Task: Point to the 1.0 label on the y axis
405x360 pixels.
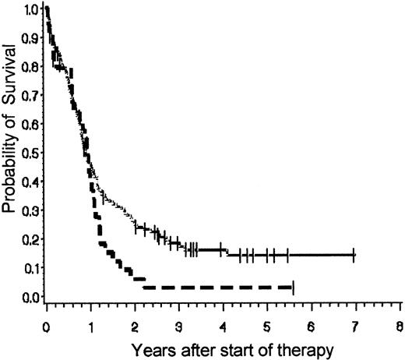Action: [x=30, y=10]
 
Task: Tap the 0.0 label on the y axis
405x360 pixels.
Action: [x=30, y=297]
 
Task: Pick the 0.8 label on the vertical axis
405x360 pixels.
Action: [x=30, y=68]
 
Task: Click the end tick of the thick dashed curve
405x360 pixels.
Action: [x=292, y=288]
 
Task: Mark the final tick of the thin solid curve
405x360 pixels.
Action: [x=354, y=255]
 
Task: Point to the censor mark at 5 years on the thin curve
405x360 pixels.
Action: [x=267, y=255]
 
